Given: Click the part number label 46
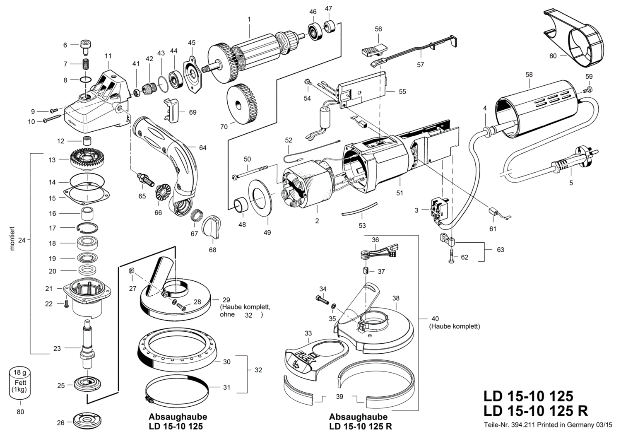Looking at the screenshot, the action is point(313,12).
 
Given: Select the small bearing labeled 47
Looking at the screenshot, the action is point(330,27).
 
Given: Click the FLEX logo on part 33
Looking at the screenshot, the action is point(306,359).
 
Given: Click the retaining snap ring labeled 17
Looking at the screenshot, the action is point(87,227).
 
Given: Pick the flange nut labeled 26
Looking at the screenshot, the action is point(87,422).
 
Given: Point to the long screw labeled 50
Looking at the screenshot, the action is point(251,172).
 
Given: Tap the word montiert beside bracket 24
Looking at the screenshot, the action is point(12,239).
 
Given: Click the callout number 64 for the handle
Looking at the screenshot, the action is point(203,148).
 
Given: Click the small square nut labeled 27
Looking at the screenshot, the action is point(132,271).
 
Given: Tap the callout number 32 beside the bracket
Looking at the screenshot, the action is point(258,370).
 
